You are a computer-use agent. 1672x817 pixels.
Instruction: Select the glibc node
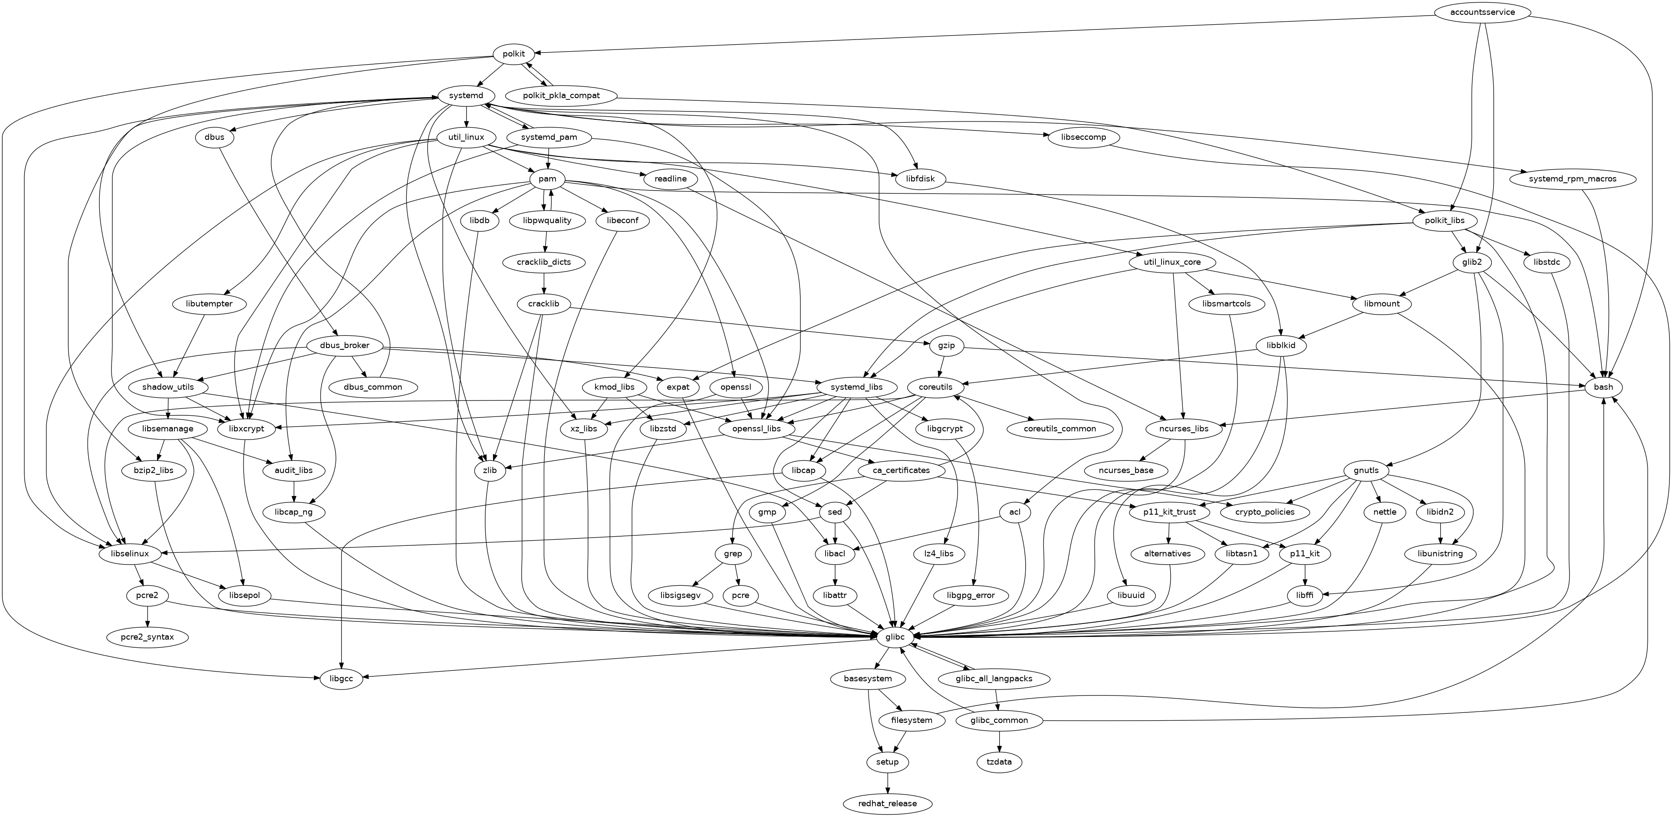895,637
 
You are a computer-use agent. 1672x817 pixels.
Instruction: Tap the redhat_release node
887,804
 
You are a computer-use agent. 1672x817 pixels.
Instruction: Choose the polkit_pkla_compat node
561,95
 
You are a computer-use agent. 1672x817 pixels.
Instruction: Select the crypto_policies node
1265,512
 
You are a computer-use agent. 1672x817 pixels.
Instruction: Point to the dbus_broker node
345,345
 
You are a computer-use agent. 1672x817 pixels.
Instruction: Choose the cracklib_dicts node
545,262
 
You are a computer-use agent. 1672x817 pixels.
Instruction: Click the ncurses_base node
1126,470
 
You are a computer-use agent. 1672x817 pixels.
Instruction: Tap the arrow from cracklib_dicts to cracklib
545,283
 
